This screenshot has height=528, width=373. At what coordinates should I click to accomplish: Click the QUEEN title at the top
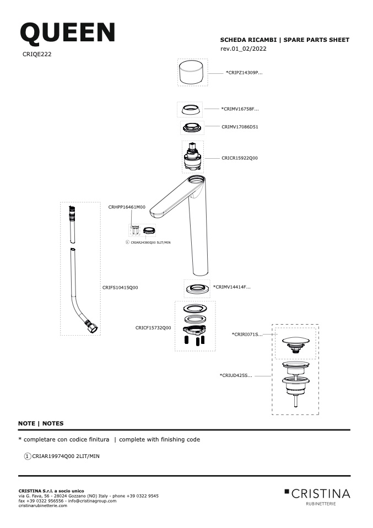pyautogui.click(x=68, y=33)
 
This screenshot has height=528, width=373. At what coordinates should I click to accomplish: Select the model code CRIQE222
pyautogui.click(x=37, y=54)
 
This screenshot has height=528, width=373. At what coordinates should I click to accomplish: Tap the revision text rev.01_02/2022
pyautogui.click(x=244, y=49)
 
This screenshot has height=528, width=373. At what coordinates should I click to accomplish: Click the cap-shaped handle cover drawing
pyautogui.click(x=192, y=72)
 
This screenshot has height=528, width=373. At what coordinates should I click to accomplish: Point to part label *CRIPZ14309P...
pyautogui.click(x=244, y=72)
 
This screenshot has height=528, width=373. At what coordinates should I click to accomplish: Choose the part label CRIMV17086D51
pyautogui.click(x=240, y=127)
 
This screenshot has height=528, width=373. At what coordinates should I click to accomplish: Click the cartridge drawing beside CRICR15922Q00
pyautogui.click(x=193, y=157)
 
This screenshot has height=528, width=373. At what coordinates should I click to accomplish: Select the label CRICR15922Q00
pyautogui.click(x=240, y=158)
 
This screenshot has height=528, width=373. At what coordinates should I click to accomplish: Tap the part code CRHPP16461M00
pyautogui.click(x=127, y=207)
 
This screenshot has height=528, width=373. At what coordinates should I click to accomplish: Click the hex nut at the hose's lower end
pyautogui.click(x=92, y=327)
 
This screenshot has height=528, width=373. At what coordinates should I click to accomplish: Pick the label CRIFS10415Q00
pyautogui.click(x=120, y=288)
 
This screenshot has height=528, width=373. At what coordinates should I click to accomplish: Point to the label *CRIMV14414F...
pyautogui.click(x=232, y=287)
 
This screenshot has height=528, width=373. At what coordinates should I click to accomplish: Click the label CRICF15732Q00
pyautogui.click(x=153, y=327)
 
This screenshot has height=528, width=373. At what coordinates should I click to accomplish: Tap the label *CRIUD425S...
pyautogui.click(x=236, y=375)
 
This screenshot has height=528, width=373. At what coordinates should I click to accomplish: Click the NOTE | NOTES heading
pyautogui.click(x=41, y=423)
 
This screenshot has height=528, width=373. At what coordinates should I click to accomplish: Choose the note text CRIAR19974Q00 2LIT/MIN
pyautogui.click(x=66, y=456)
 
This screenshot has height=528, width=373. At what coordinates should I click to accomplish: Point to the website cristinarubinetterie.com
pyautogui.click(x=43, y=505)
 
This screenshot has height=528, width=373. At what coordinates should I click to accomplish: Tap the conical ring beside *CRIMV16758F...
pyautogui.click(x=190, y=109)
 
